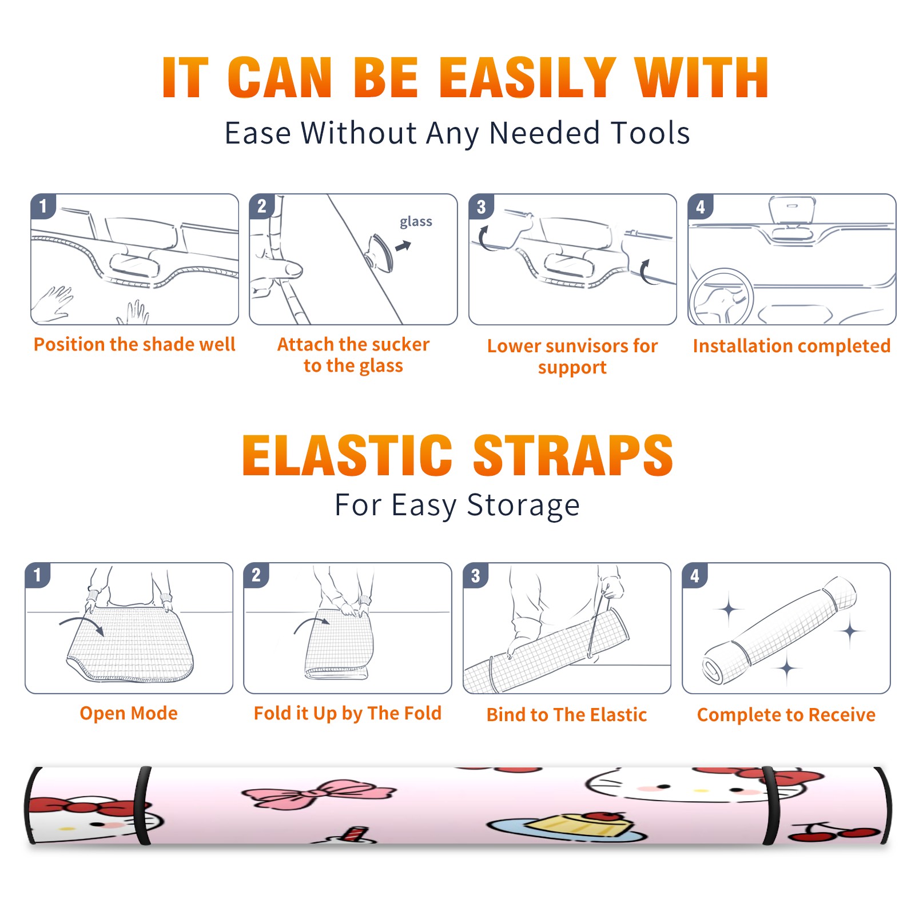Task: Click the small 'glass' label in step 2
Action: tap(416, 222)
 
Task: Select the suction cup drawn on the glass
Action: tap(380, 252)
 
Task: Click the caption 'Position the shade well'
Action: tap(134, 344)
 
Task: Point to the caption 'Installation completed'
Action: tap(791, 346)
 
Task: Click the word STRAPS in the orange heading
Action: tap(573, 455)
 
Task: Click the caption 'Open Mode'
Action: tap(129, 713)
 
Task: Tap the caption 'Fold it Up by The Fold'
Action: tap(348, 713)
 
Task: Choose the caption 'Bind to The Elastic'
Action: tap(567, 715)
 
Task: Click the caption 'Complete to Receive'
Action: tap(786, 715)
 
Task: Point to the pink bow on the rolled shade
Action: tap(319, 794)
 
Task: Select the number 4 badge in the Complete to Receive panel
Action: tap(695, 576)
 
